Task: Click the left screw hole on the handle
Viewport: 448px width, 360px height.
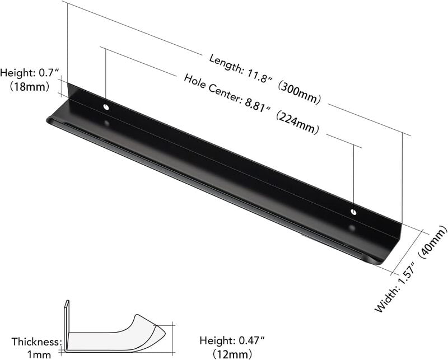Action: (x=106, y=106)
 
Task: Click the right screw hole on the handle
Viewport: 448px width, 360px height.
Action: (x=353, y=212)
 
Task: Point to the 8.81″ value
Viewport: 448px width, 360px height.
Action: (x=254, y=106)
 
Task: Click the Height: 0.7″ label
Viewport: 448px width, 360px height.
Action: (x=29, y=73)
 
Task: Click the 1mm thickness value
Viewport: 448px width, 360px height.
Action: (x=39, y=354)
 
